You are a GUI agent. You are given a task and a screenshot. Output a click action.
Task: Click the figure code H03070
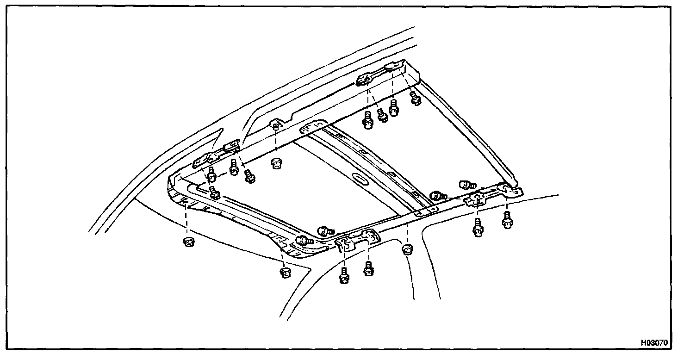pyautogui.click(x=654, y=343)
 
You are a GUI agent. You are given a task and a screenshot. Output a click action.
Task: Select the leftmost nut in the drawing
pyautogui.click(x=188, y=242)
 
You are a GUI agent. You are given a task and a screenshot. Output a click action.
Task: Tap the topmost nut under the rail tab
pyautogui.click(x=277, y=163)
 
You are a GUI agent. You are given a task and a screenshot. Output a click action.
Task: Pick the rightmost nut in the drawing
pyautogui.click(x=407, y=250)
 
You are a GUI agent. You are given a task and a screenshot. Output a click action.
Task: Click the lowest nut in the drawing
pyautogui.click(x=286, y=272)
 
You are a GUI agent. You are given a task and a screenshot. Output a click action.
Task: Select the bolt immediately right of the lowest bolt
pyautogui.click(x=369, y=268)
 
